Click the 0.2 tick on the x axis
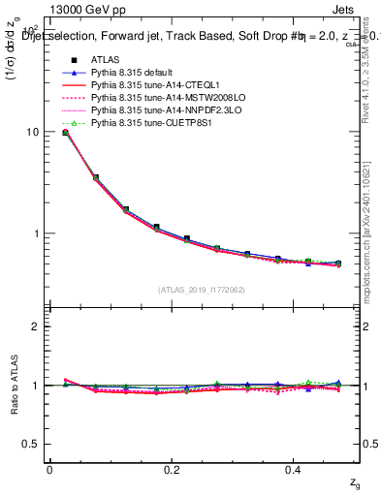(173, 470)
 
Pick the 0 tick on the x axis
(49, 470)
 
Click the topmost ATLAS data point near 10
(65, 132)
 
